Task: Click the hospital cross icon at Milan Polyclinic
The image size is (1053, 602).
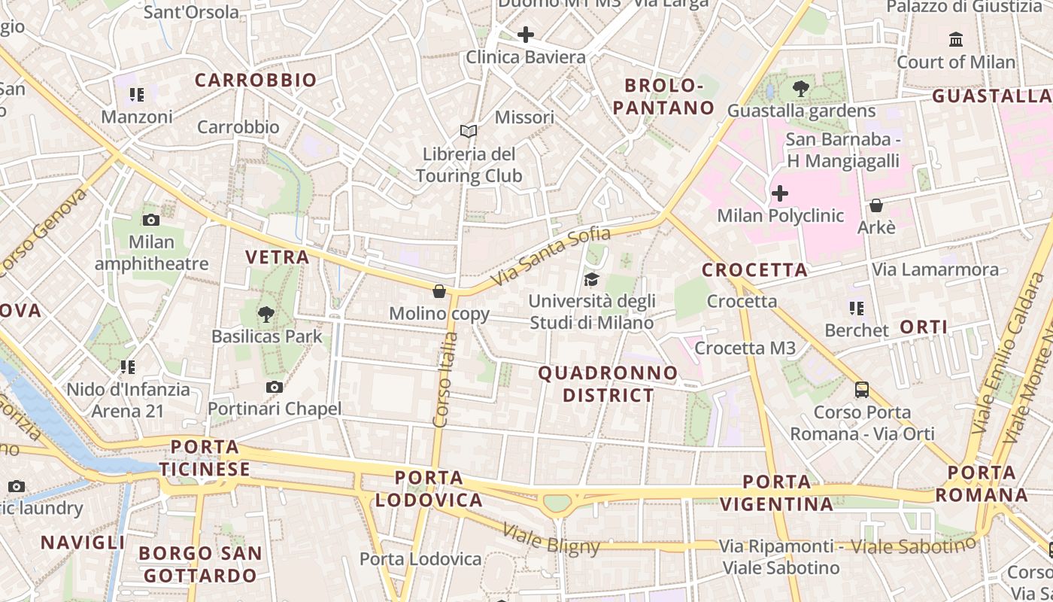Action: coord(780,193)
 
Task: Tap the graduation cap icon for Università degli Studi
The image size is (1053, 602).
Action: coord(592,280)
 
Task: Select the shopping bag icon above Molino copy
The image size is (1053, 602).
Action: coord(439,291)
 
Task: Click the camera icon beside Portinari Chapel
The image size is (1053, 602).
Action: coord(275,387)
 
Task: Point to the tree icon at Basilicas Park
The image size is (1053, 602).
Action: coord(266,315)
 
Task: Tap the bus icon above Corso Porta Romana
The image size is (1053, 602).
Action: coord(862,390)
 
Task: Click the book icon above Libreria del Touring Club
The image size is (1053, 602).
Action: coord(469,132)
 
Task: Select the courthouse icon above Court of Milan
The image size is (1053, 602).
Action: coord(956,39)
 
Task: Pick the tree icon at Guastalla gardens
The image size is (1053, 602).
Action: coord(801,89)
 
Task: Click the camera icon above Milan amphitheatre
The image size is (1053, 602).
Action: coord(151,220)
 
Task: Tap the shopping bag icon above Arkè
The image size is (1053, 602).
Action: coord(876,205)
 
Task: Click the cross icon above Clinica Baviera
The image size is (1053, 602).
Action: coord(525,35)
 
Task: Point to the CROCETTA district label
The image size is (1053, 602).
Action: coord(754,270)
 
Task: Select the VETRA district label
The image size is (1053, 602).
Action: coord(278,257)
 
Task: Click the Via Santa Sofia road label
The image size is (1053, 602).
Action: coord(551,257)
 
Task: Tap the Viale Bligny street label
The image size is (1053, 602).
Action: coord(551,540)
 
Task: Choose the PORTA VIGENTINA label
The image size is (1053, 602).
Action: coord(777,493)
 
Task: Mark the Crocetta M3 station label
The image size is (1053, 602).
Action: coord(745,348)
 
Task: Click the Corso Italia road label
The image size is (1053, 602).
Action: coord(445,380)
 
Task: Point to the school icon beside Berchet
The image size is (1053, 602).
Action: coord(856,308)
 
